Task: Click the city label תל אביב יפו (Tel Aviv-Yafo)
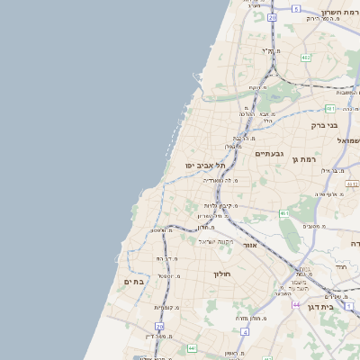click(x=205, y=166)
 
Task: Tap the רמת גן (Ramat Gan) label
click(x=305, y=159)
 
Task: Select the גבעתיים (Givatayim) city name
click(x=269, y=154)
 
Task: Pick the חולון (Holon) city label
click(x=222, y=274)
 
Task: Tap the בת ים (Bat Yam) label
click(x=134, y=282)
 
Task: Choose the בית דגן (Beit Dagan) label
click(x=340, y=308)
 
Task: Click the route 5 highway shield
click(x=296, y=8)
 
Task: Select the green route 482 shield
click(x=306, y=58)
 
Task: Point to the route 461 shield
click(x=283, y=213)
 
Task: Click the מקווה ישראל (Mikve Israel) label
click(x=216, y=241)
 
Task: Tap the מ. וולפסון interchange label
click(x=161, y=231)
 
